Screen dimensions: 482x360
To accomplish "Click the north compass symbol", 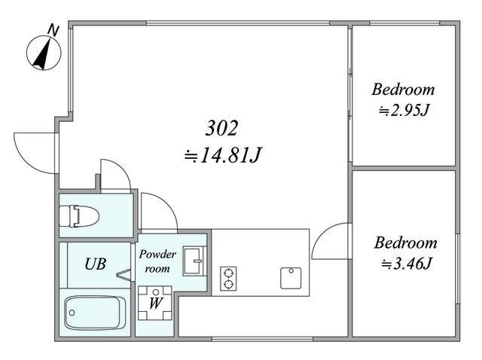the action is (44, 53).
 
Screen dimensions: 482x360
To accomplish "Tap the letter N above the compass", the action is (53, 30).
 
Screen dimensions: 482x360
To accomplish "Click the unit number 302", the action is (221, 128).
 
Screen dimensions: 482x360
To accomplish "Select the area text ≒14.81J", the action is (223, 155).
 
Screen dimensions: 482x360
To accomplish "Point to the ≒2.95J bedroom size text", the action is (404, 110).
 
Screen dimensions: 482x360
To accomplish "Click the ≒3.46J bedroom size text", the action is (407, 263).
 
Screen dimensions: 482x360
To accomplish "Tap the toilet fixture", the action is (79, 216).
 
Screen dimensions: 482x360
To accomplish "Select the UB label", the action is (96, 264).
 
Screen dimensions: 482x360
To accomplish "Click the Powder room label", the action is (157, 261).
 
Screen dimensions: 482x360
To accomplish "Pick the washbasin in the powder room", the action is (194, 261).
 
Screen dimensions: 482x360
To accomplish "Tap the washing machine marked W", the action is (155, 303).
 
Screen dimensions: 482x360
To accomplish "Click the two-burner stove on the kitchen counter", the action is (228, 279).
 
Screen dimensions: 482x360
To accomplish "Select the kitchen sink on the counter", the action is (291, 278).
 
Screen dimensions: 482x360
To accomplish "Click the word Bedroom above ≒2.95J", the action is (404, 90).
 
